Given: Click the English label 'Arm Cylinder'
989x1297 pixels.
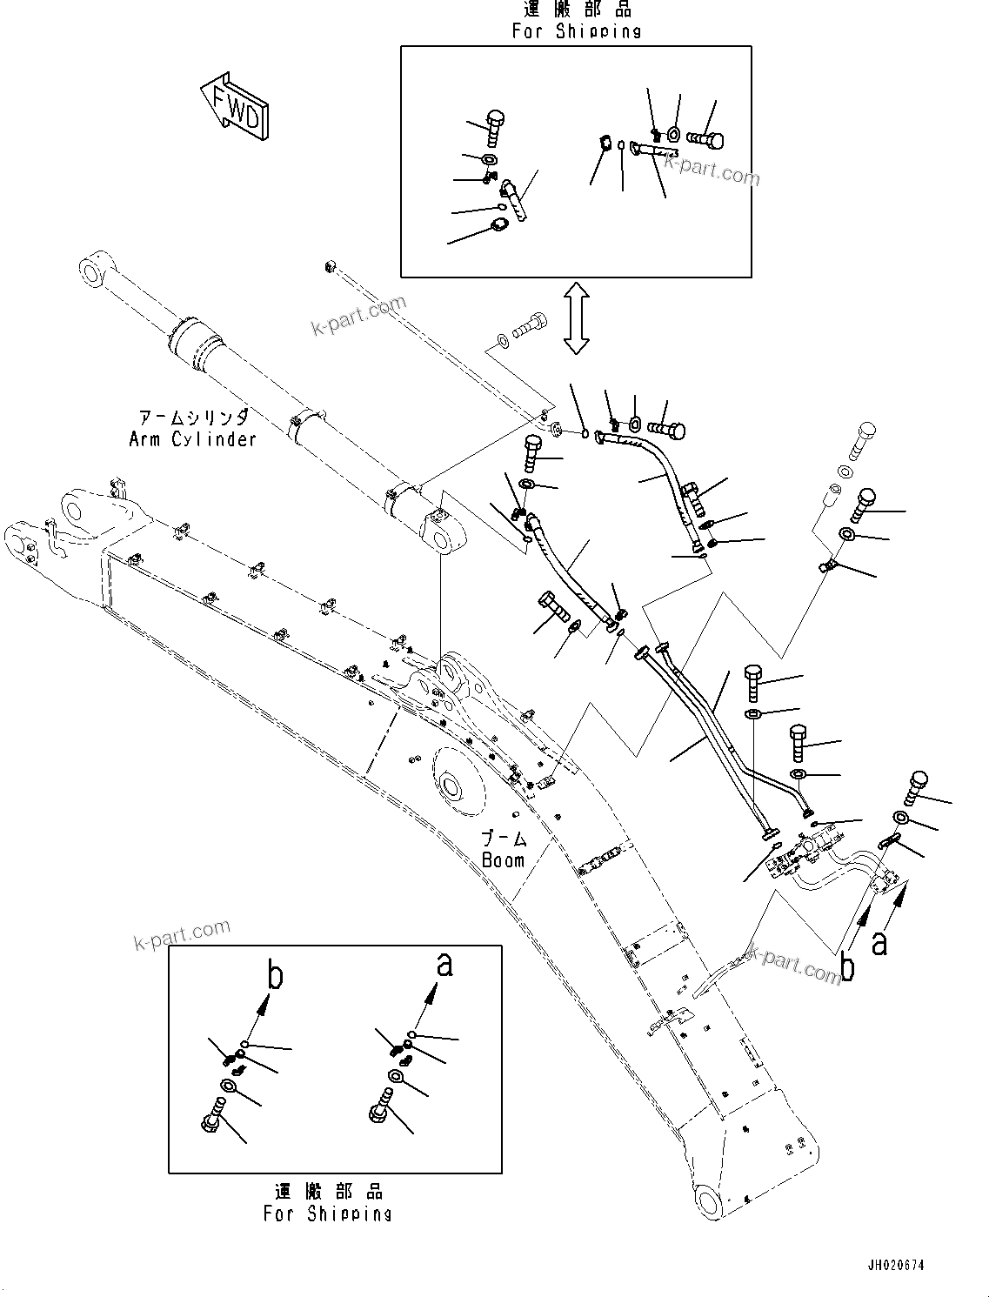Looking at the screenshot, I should (192, 438).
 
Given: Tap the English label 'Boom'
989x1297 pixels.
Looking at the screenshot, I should (504, 860).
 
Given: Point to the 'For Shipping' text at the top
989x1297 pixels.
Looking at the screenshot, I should (576, 30).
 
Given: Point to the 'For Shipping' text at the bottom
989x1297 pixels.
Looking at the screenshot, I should (328, 1213).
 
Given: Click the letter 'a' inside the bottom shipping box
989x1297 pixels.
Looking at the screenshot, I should (444, 963).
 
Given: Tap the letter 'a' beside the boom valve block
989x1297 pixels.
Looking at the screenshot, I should (880, 942).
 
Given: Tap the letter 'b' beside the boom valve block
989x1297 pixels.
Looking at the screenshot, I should (847, 966).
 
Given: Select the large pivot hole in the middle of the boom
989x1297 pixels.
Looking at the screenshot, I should (452, 788).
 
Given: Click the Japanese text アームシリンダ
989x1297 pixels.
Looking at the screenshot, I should (192, 418).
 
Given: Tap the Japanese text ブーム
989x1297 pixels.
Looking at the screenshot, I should (505, 839).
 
